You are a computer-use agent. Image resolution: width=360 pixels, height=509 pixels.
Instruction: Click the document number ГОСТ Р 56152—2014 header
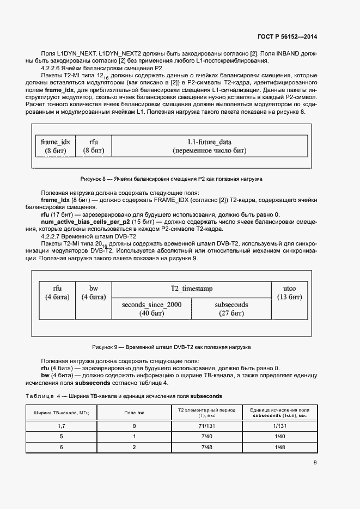[x=287, y=36]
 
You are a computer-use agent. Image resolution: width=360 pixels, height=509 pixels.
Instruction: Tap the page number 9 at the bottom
[x=315, y=463]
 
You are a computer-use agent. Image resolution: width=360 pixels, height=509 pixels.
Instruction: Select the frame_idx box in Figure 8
[x=55, y=145]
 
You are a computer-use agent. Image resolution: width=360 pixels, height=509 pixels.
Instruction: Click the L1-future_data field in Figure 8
[x=209, y=145]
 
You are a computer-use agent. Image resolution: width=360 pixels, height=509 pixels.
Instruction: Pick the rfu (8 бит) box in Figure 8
[x=93, y=145]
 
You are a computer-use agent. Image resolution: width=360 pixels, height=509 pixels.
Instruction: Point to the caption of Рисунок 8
[x=171, y=179]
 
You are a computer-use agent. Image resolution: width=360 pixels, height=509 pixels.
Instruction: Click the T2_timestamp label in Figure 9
[x=191, y=289]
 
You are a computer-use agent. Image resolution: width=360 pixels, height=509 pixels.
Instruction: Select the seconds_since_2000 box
[x=152, y=309]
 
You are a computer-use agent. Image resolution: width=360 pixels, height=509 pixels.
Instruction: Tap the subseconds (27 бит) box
[x=231, y=309]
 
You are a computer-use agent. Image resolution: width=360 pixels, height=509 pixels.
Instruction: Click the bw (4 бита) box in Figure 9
[x=93, y=293]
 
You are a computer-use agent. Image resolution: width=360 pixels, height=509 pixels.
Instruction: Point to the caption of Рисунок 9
[x=171, y=347]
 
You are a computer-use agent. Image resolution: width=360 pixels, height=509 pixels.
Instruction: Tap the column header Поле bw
[x=134, y=413]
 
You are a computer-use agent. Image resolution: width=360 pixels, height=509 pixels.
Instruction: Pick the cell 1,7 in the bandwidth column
[x=62, y=427]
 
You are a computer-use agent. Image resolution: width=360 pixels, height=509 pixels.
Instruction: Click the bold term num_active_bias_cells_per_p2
[x=87, y=223]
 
